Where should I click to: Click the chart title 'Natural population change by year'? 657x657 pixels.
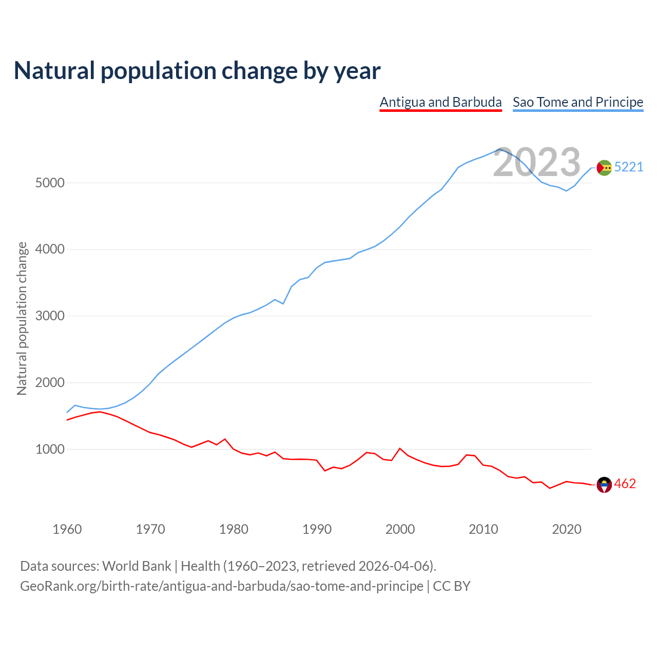coord(197,71)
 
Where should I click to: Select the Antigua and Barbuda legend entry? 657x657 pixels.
coord(440,102)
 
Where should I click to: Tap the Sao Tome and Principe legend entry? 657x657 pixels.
coord(578,102)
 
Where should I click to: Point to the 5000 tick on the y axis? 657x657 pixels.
coord(50,183)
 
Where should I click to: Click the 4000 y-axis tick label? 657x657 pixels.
coord(50,249)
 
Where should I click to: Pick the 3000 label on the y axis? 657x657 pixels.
coord(50,316)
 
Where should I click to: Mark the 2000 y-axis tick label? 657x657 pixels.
coord(50,383)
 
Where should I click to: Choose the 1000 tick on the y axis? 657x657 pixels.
coord(50,450)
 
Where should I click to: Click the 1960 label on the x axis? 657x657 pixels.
coord(67,529)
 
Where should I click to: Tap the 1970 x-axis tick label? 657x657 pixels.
coord(150,529)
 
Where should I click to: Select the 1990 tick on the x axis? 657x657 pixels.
coord(317,529)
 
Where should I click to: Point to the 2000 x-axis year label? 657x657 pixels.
coord(400,529)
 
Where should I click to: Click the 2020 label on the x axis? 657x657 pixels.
coord(567,529)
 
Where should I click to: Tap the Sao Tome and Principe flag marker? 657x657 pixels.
coord(604,167)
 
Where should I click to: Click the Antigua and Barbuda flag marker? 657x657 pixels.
coord(604,485)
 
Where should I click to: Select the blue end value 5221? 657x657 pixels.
coord(629,167)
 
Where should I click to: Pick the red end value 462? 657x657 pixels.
coord(625,484)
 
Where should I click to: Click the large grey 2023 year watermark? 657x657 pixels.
coord(536,163)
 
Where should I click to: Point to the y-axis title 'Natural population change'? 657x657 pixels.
coord(22,318)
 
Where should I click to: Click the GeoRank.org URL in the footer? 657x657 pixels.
coord(222,586)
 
